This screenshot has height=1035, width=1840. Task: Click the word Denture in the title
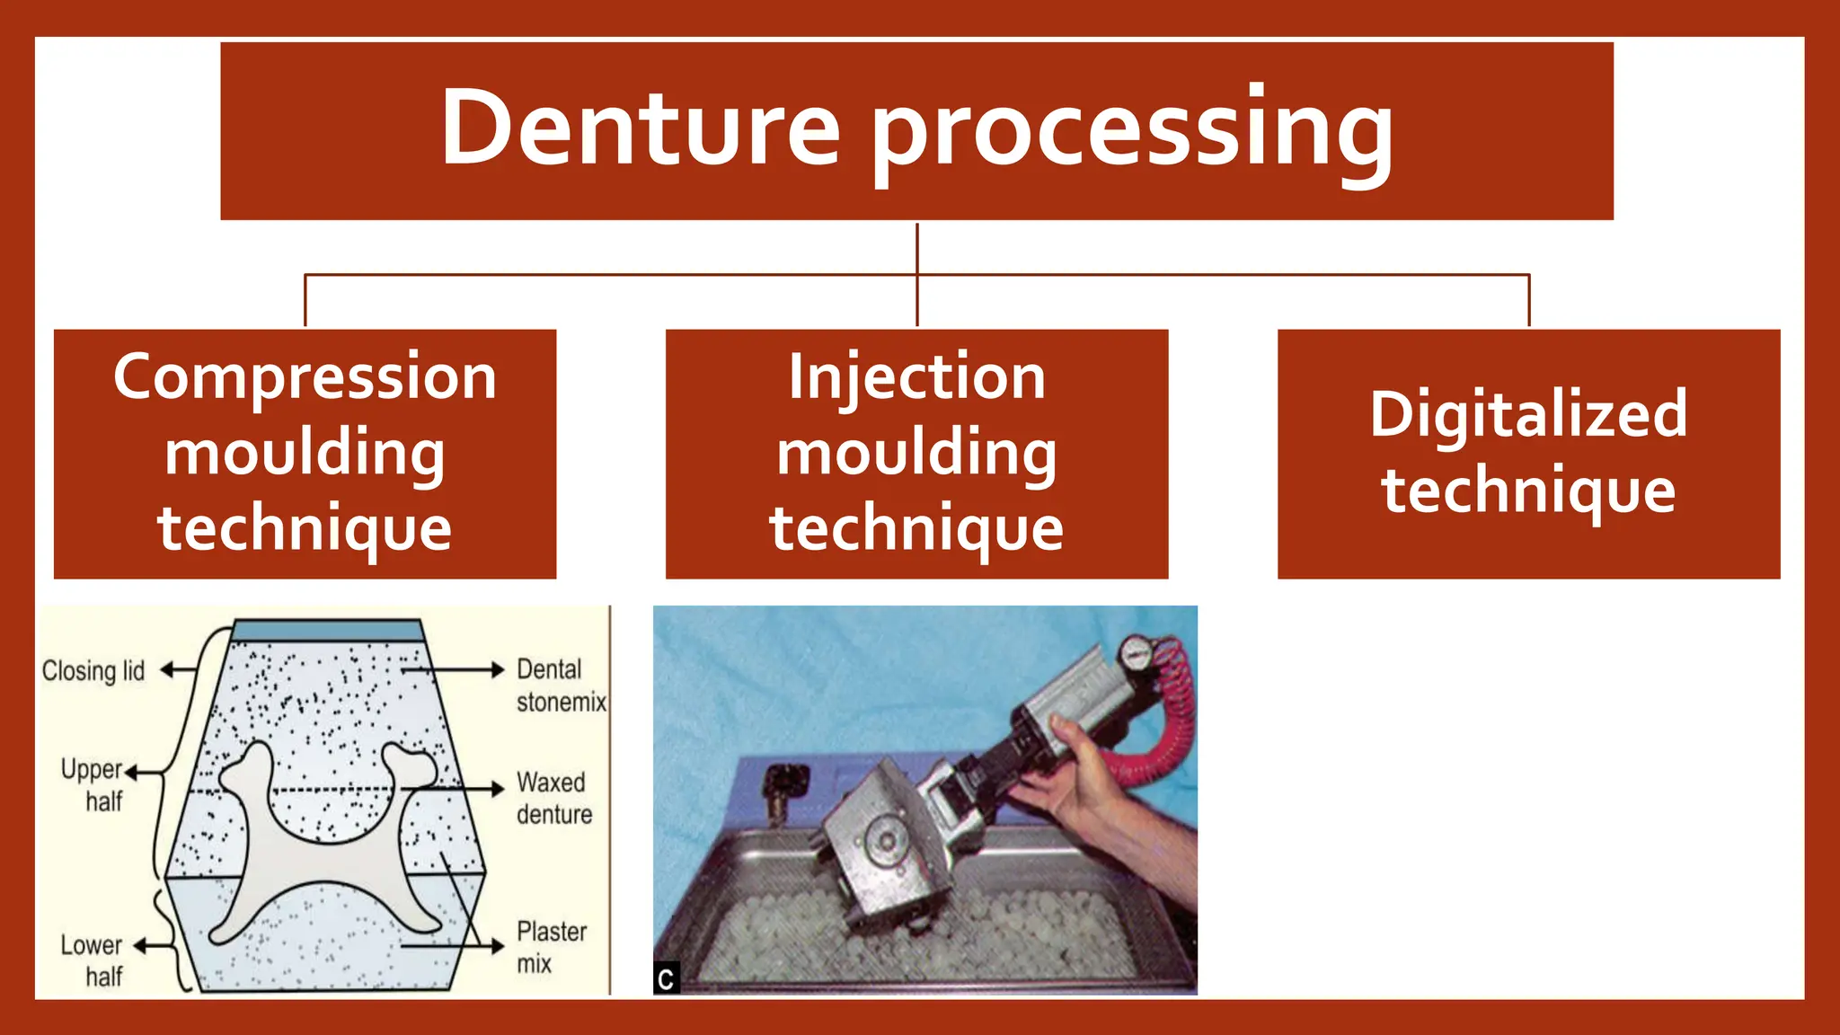[640, 128]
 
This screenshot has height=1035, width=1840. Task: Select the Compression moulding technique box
[305, 454]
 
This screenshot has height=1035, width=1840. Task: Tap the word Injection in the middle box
[916, 376]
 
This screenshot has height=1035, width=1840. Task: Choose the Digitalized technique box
[1528, 454]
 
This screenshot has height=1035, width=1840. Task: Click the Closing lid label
[93, 671]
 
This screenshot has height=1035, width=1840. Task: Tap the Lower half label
[93, 960]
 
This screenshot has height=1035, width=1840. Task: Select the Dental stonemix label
[560, 685]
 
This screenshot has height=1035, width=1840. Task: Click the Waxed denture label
[553, 798]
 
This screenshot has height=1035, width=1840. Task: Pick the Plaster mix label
[550, 947]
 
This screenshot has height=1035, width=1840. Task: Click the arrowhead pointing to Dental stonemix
[497, 669]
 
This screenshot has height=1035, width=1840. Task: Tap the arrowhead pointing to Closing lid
[167, 669]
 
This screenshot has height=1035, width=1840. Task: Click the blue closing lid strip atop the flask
[327, 631]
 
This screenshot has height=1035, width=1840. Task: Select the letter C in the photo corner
[666, 979]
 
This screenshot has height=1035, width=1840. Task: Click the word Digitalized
[1528, 415]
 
